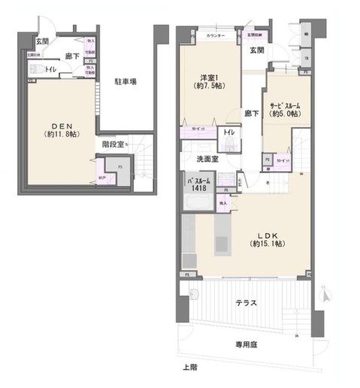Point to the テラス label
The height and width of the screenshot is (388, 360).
246,304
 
